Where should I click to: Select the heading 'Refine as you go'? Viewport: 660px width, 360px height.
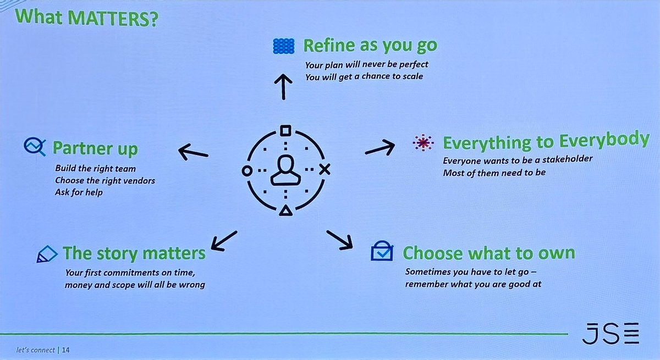click(x=370, y=46)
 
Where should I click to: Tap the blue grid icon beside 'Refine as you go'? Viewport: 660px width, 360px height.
click(x=284, y=46)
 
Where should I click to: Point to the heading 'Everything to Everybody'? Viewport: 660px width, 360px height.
click(x=546, y=142)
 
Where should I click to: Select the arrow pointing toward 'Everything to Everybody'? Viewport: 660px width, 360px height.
click(x=380, y=147)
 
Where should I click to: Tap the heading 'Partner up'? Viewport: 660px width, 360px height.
click(x=95, y=148)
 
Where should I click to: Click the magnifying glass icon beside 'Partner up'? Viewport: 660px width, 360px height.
click(x=34, y=146)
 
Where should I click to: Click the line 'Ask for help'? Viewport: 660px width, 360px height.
click(x=78, y=192)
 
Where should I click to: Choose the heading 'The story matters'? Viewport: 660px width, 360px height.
click(x=134, y=253)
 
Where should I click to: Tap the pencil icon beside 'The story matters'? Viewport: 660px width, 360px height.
click(x=47, y=254)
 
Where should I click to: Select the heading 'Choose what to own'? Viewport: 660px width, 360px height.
click(x=488, y=253)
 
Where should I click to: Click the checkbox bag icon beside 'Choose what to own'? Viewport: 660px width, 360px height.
click(x=382, y=251)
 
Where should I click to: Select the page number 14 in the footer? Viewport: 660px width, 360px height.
click(x=66, y=350)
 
